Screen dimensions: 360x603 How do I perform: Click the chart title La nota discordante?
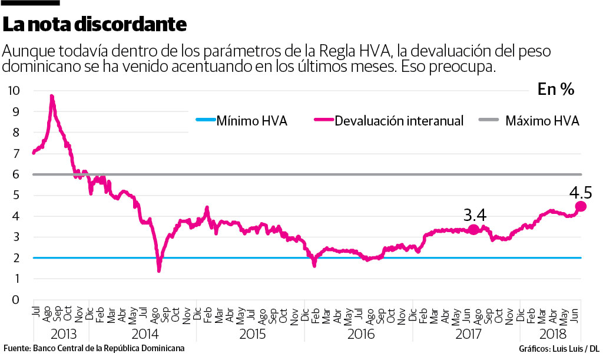click(94, 24)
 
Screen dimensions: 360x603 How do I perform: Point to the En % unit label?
click(555, 89)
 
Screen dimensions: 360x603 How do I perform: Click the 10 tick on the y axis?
click(14, 91)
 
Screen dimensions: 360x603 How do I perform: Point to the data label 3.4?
click(475, 214)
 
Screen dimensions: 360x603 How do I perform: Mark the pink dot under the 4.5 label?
click(581, 206)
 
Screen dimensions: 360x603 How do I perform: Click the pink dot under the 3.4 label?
click(473, 230)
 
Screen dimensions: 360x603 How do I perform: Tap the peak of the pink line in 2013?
click(52, 96)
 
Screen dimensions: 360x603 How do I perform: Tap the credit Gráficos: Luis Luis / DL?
click(559, 348)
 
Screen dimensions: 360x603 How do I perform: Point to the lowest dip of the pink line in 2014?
click(159, 270)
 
